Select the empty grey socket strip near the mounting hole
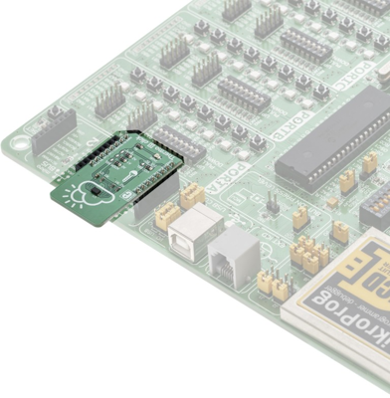pos(52,131)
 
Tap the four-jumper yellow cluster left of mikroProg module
pos(311,253)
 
